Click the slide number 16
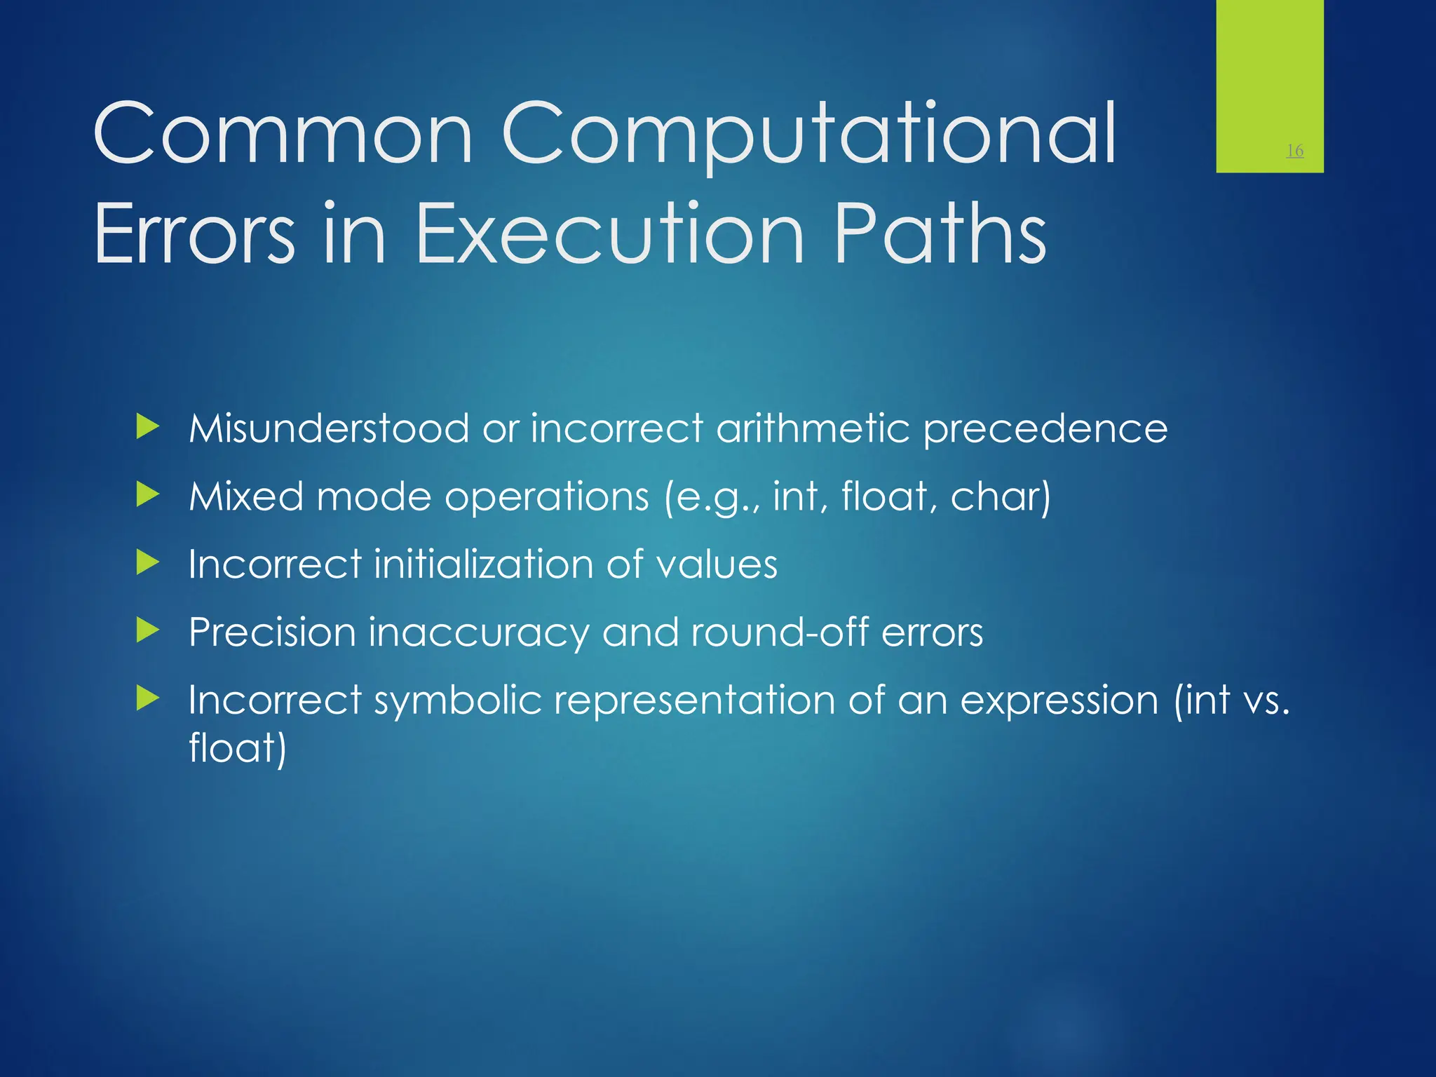point(1294,150)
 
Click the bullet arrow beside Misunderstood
point(148,426)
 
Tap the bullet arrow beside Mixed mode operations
point(148,495)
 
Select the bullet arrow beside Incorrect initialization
point(148,562)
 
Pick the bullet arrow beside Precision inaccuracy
point(148,630)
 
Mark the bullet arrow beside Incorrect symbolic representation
point(148,698)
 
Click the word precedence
point(1045,428)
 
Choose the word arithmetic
point(812,428)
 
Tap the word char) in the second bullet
point(1000,496)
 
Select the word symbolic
point(458,700)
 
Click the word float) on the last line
point(238,747)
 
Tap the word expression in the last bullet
point(1059,700)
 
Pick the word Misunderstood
point(329,428)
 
